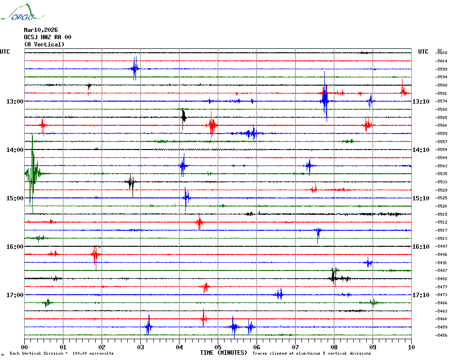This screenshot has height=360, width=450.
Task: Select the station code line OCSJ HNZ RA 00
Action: point(47,37)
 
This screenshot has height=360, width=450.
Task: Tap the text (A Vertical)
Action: point(44,45)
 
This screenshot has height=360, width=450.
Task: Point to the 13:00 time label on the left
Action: point(15,102)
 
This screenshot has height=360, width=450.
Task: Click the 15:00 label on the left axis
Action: point(15,198)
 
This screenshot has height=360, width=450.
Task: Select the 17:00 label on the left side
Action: point(15,295)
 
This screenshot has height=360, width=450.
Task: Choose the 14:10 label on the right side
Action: point(420,150)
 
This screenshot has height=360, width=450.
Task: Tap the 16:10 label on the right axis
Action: point(420,247)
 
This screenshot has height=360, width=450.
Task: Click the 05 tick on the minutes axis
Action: point(218,347)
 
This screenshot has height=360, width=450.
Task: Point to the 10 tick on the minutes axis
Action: point(411,347)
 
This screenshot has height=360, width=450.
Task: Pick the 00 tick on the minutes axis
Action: point(24,347)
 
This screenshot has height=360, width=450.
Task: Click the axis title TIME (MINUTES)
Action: point(224,353)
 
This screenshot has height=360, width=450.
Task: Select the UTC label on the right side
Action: point(423,52)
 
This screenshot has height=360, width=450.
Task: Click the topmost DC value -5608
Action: point(441,53)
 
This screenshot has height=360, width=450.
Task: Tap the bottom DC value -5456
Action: point(441,335)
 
